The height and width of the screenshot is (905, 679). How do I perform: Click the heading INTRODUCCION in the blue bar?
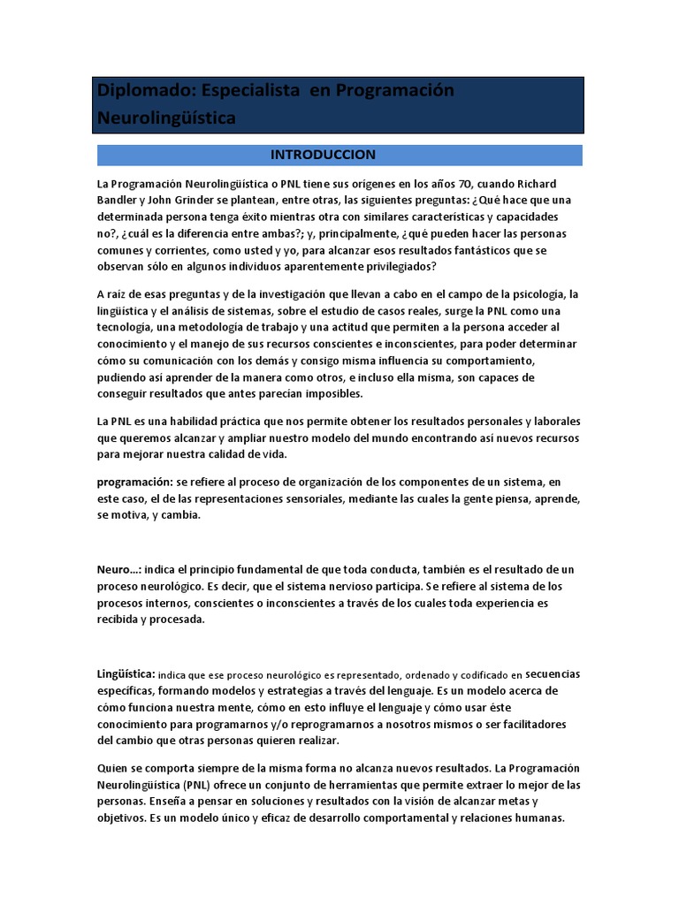[323, 155]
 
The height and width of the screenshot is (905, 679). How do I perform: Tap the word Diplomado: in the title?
[145, 91]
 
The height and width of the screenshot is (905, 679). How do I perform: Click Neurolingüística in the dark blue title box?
[166, 117]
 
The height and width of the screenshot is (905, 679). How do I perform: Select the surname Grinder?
[196, 201]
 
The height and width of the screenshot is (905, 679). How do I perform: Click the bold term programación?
[134, 483]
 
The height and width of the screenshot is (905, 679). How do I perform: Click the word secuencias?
[553, 673]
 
